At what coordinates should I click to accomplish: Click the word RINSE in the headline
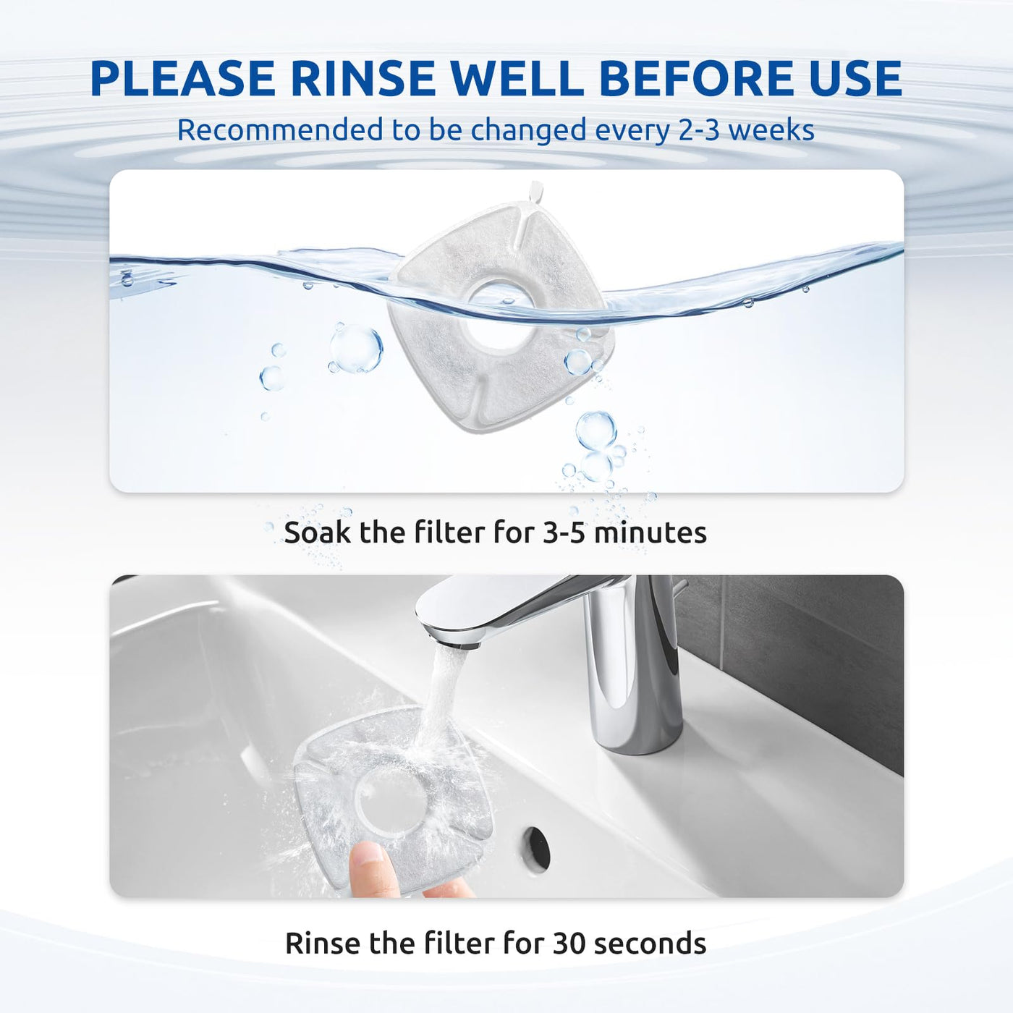point(363,79)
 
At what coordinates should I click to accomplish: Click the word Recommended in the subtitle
point(280,130)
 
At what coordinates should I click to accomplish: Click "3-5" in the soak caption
point(562,533)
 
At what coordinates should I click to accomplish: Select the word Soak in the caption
point(318,533)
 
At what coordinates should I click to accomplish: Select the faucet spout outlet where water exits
point(453,640)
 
